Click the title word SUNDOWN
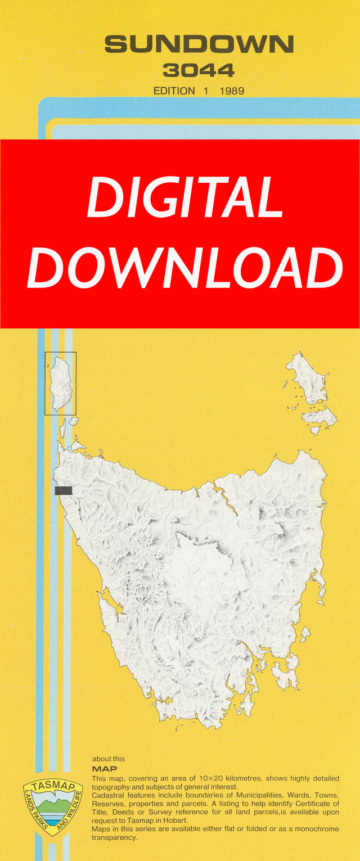pyautogui.click(x=199, y=44)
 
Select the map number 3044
pyautogui.click(x=199, y=70)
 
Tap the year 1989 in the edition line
pyautogui.click(x=232, y=91)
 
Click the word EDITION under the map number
pyautogui.click(x=174, y=91)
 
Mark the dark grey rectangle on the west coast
pyautogui.click(x=64, y=490)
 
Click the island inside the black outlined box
pyautogui.click(x=60, y=382)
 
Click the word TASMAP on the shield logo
pyautogui.click(x=52, y=787)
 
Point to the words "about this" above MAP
pyautogui.click(x=109, y=759)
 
